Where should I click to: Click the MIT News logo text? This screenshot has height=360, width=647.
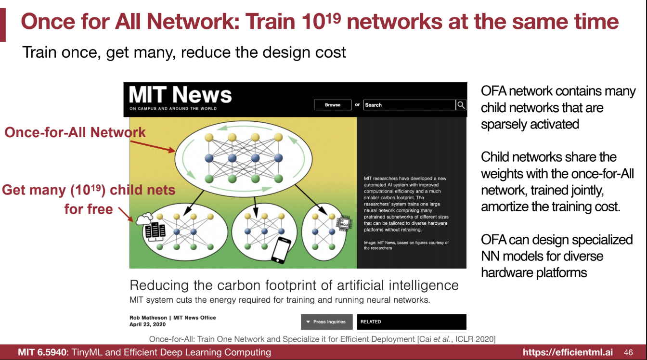tap(180, 95)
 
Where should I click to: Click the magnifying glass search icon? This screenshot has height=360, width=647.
tap(461, 105)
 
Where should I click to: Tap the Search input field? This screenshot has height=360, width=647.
tap(409, 105)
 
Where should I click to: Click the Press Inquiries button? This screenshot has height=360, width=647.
tap(327, 321)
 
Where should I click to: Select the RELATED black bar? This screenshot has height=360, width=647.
tap(412, 321)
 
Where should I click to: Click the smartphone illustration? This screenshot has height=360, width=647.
tap(281, 250)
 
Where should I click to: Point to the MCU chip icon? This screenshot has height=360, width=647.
tap(344, 223)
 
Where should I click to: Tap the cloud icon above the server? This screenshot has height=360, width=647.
tap(144, 219)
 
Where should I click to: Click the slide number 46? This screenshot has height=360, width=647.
tap(628, 352)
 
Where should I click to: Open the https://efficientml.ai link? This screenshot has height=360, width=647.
tap(568, 352)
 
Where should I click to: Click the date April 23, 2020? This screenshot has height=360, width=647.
tap(148, 324)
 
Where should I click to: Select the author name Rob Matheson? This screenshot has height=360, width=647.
tap(148, 318)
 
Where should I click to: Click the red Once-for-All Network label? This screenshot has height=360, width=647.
tap(75, 132)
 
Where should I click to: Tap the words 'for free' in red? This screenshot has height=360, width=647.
tap(89, 209)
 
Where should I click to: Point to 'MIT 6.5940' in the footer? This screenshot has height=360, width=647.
tap(42, 352)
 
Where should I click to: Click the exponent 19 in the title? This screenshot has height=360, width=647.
tap(334, 18)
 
